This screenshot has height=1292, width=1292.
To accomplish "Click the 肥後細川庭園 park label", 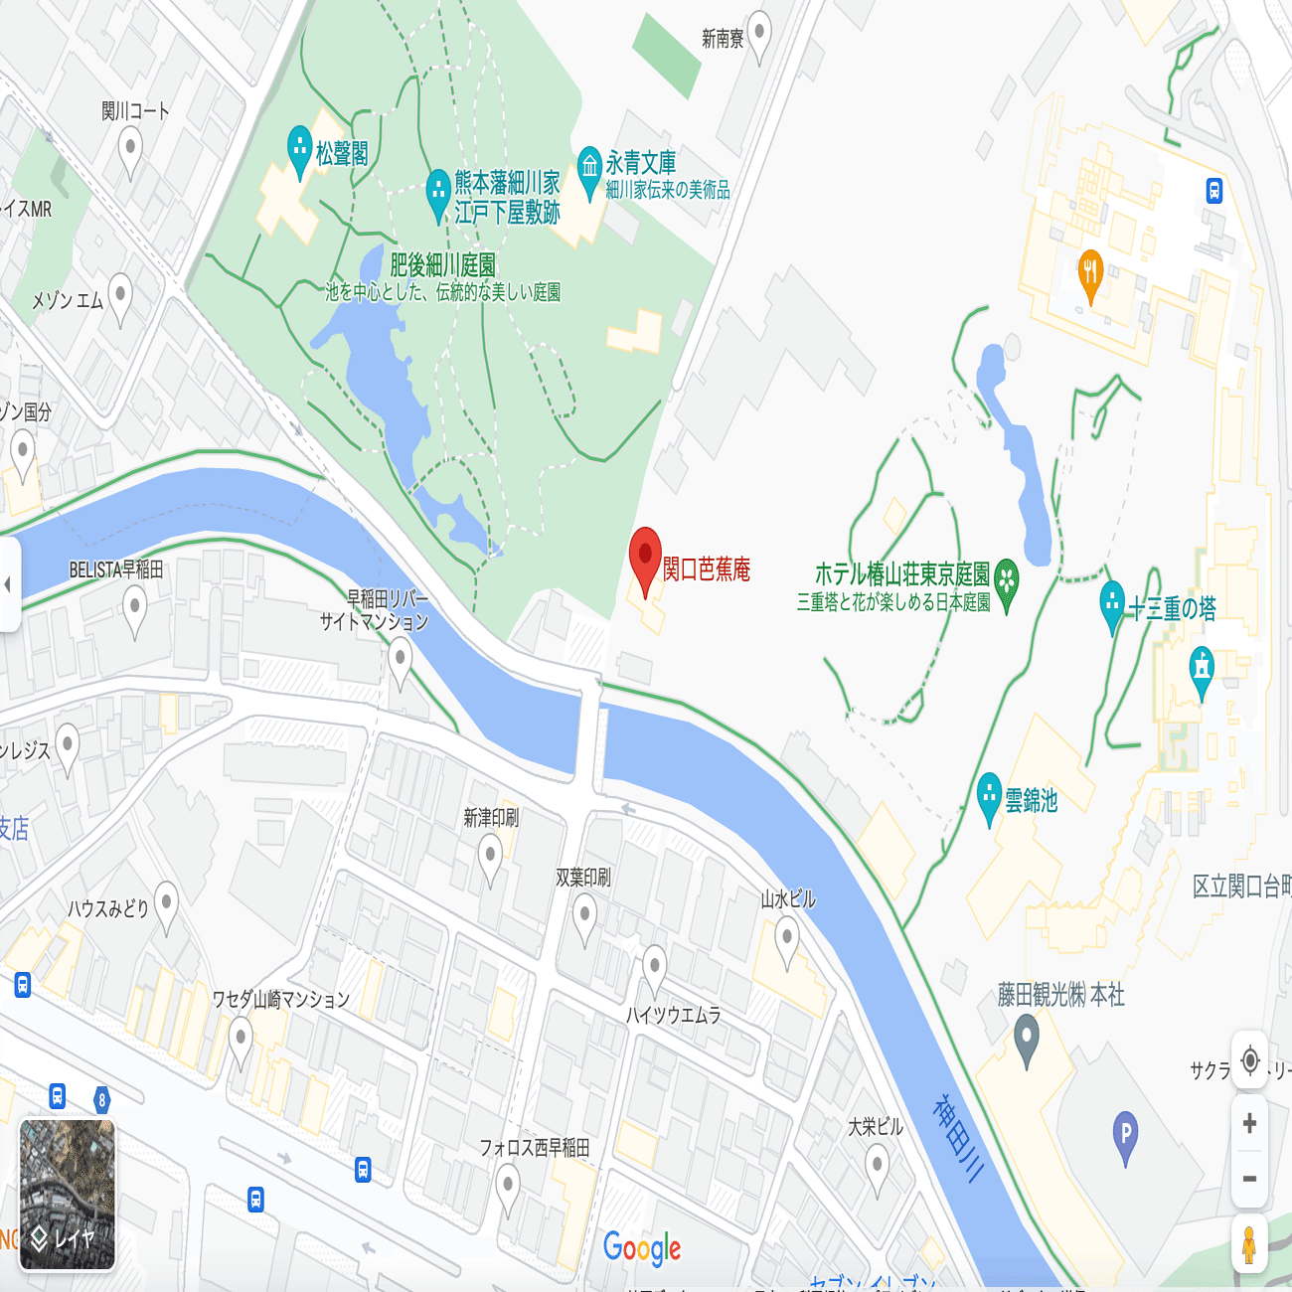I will [442, 265].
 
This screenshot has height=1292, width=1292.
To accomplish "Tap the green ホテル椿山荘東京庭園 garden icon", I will [1006, 580].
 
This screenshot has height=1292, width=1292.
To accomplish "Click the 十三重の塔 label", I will [1172, 608].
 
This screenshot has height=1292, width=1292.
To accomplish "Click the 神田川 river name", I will [958, 1138].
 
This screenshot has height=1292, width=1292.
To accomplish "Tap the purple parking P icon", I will [1125, 1134].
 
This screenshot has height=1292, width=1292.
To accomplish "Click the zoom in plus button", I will [1249, 1123].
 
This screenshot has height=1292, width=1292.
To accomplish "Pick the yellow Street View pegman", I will [1249, 1243].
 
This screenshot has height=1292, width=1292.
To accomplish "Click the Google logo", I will [642, 1248].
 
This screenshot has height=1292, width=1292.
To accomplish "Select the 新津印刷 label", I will [491, 818].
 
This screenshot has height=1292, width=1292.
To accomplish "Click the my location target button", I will [1249, 1059].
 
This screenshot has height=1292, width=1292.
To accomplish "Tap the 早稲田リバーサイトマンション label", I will [375, 610].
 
